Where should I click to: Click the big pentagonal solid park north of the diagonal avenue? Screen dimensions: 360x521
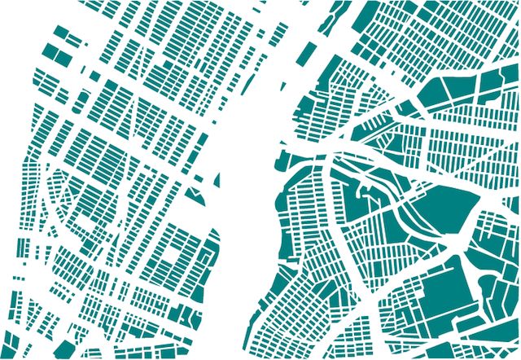coord(444,208)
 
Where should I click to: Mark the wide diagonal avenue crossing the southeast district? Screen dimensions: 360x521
coord(407,269)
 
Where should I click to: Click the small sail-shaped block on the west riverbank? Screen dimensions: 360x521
coord(198,195)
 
